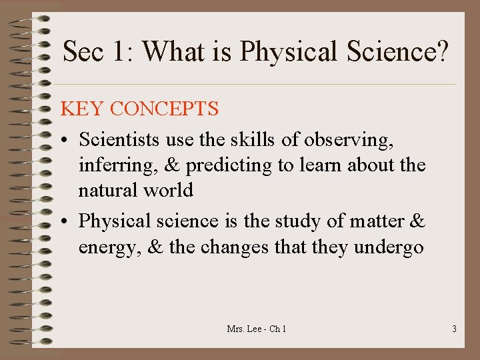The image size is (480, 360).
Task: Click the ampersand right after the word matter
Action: tap(418, 221)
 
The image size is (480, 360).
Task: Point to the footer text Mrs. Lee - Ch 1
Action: tap(257, 329)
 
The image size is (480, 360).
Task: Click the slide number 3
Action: tap(454, 329)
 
